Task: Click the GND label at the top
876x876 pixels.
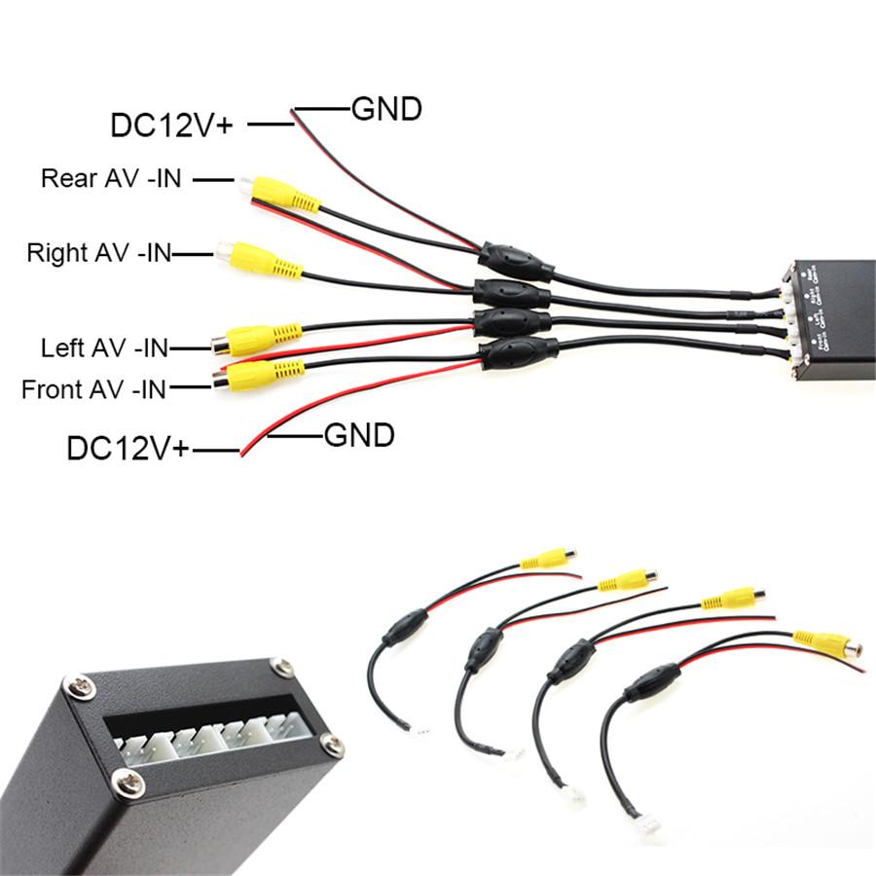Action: [386, 109]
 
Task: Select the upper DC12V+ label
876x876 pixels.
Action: [171, 125]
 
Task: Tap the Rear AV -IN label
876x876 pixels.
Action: [111, 179]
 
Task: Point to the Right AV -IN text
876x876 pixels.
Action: [98, 254]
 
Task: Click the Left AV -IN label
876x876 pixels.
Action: [105, 347]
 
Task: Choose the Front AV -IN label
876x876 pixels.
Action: [93, 390]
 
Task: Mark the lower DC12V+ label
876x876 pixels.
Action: [128, 449]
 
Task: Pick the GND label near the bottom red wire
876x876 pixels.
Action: [359, 434]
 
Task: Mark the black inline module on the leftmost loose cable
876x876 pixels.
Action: [403, 628]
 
